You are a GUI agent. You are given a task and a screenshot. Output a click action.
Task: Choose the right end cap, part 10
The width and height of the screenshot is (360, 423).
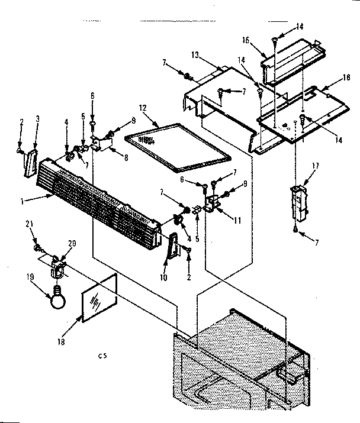171,246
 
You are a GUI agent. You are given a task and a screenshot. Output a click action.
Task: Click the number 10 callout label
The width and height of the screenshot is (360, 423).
164,276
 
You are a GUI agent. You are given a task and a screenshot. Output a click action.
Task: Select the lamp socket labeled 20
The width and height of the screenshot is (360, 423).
57,267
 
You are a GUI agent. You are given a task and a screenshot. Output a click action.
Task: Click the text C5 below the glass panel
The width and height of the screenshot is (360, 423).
104,356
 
